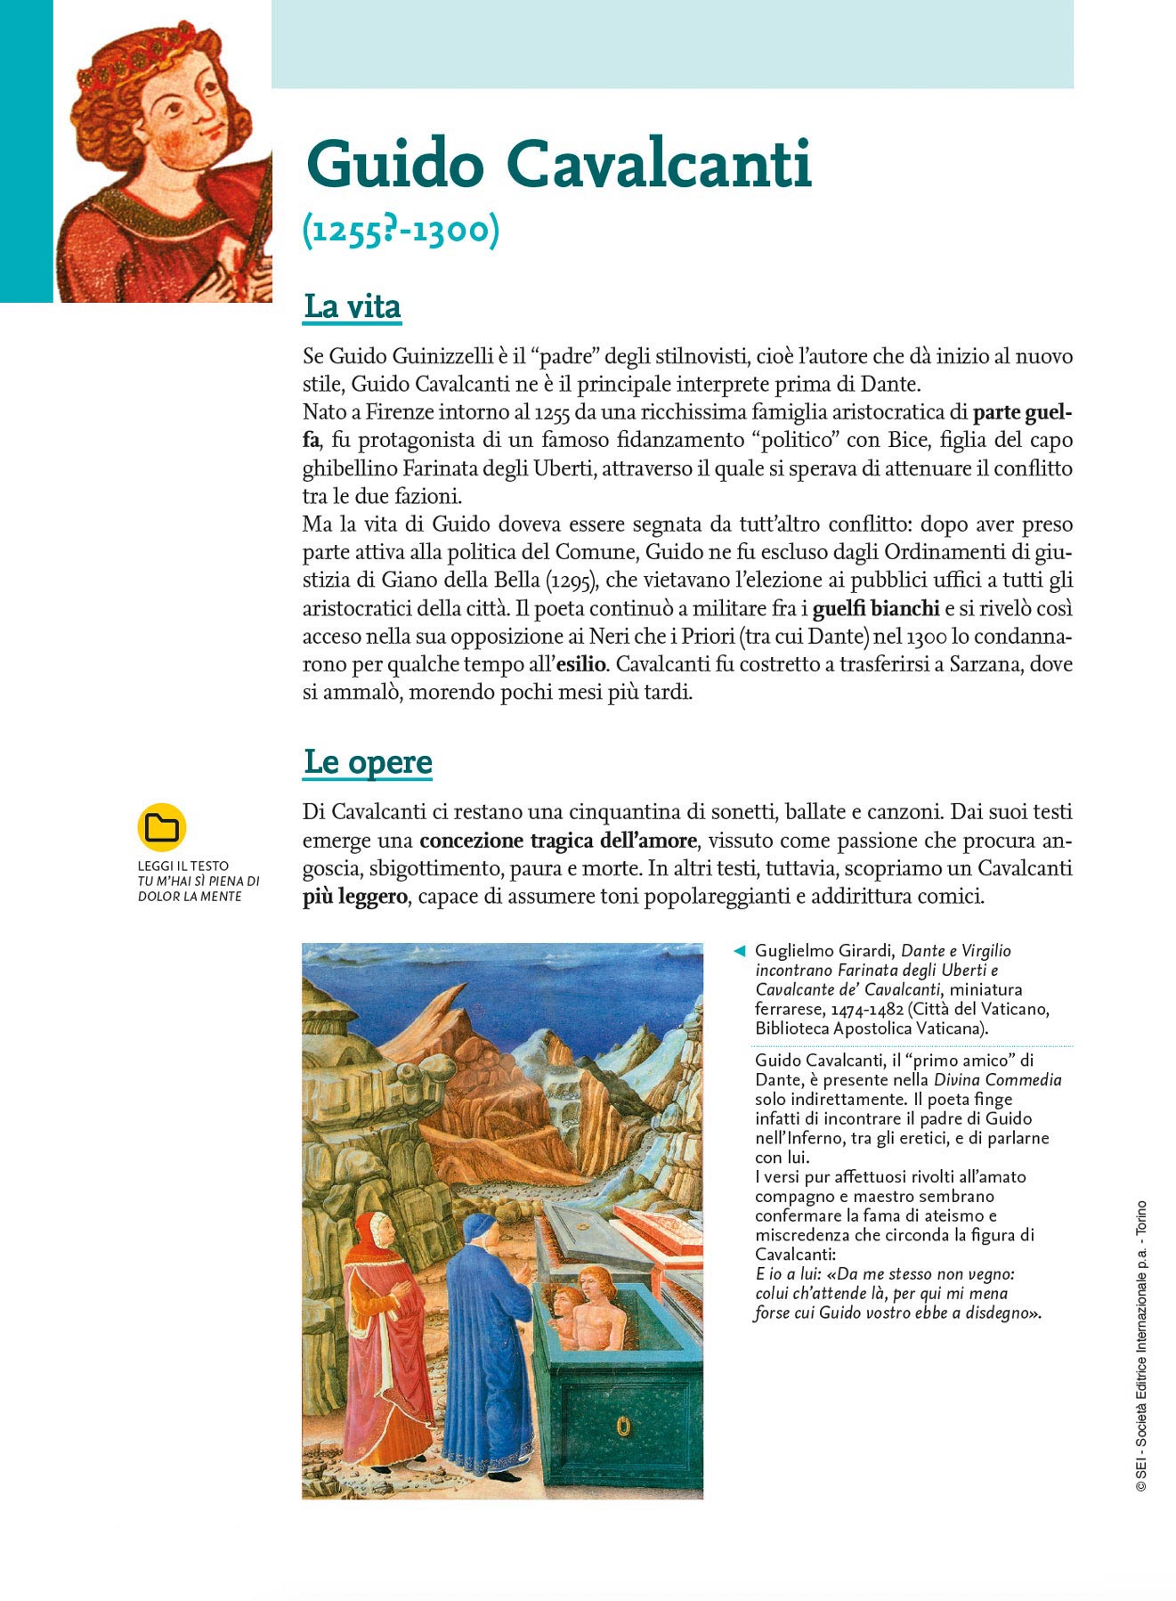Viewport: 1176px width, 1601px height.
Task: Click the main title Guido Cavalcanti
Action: [558, 165]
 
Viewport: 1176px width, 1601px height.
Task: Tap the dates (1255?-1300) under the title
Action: [401, 230]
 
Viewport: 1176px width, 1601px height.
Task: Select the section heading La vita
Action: [353, 306]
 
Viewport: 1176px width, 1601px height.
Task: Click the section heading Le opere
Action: [368, 762]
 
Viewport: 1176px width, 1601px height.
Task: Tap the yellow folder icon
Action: [161, 827]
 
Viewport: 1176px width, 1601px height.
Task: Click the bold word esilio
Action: [581, 664]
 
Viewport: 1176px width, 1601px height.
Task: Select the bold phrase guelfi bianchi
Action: [876, 608]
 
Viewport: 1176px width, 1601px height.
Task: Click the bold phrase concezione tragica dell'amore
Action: [558, 841]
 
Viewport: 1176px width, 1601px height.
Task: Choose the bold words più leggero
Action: [354, 897]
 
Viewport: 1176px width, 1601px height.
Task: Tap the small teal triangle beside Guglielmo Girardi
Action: [738, 951]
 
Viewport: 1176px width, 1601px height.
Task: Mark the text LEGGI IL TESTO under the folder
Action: [182, 866]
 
